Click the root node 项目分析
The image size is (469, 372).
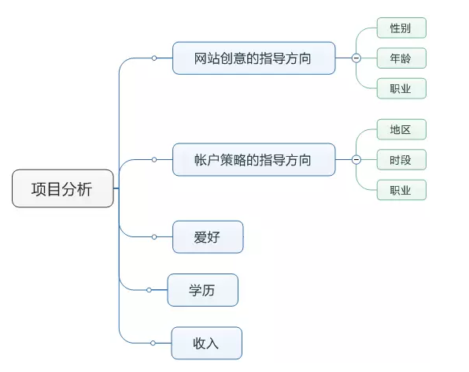[x=63, y=188]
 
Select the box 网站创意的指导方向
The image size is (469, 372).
[x=254, y=58]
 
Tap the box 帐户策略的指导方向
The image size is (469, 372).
[x=254, y=160]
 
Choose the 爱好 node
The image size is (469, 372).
[x=208, y=237]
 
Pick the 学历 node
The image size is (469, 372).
[x=203, y=290]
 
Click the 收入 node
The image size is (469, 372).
[x=207, y=343]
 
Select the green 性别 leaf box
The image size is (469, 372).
[x=401, y=28]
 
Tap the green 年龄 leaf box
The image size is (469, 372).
[x=401, y=58]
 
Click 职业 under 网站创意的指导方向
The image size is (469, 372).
[x=401, y=88]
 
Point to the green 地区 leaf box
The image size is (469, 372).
[x=401, y=129]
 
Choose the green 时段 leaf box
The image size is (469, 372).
[x=401, y=160]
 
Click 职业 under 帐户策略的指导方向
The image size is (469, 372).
[x=401, y=190]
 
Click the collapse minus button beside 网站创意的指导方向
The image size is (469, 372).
[x=356, y=58]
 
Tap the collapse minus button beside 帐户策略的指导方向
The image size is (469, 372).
[x=356, y=159]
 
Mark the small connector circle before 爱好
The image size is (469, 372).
[x=154, y=237]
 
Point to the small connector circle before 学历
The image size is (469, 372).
[x=149, y=290]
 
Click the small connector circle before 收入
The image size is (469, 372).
[x=153, y=343]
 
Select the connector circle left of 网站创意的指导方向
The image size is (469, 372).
[x=154, y=58]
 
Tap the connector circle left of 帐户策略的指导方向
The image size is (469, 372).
[x=154, y=160]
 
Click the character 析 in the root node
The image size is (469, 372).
[x=84, y=189]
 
